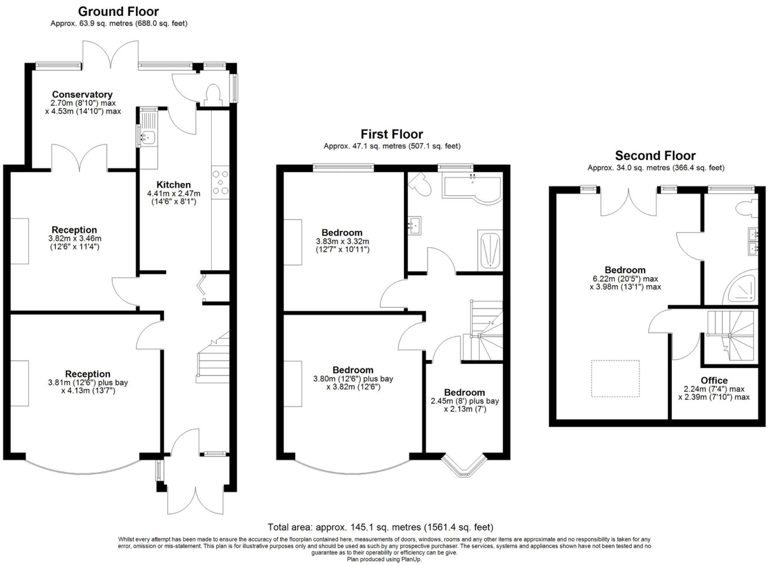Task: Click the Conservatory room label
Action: [x=82, y=95]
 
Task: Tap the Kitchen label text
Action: [x=173, y=185]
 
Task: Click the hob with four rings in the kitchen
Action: [x=220, y=182]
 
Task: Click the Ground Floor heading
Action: [x=118, y=11]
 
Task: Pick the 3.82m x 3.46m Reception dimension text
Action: [x=75, y=239]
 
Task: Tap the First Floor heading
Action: [x=392, y=134]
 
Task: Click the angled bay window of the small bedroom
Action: [x=463, y=466]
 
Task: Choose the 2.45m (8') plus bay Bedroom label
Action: [x=465, y=401]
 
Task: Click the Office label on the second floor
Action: [x=714, y=381]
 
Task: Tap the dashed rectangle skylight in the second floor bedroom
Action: [x=615, y=378]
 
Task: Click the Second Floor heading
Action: [x=655, y=156]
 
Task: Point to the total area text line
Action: [x=380, y=527]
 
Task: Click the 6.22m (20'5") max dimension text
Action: [x=625, y=279]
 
